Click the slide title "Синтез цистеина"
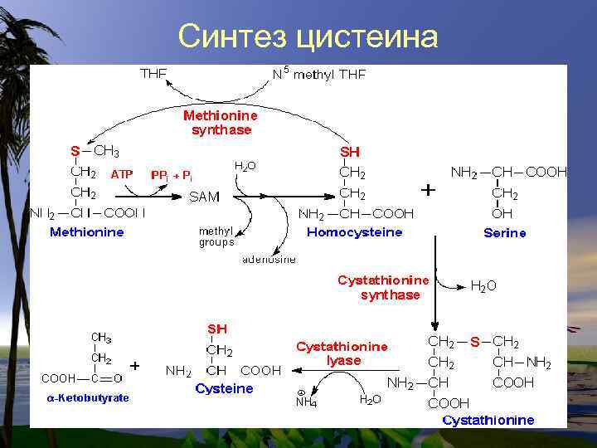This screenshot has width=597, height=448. click(x=308, y=37)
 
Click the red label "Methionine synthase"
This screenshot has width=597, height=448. click(x=221, y=123)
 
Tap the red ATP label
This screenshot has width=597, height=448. click(x=122, y=175)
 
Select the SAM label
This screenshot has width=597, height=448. click(x=205, y=197)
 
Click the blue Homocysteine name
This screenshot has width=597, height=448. click(x=355, y=232)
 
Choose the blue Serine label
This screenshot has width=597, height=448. click(x=505, y=233)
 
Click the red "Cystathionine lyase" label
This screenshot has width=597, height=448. click(x=342, y=353)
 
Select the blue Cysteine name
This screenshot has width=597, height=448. click(x=224, y=388)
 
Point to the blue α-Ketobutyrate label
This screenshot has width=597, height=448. click(x=87, y=398)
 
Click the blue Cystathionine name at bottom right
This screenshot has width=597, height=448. click(x=488, y=420)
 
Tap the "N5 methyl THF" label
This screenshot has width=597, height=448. click(x=319, y=74)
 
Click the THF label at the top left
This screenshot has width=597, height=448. click(x=153, y=74)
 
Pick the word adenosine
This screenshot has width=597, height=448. click(x=269, y=259)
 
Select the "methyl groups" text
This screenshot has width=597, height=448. click(x=216, y=236)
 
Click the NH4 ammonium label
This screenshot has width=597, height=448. click(x=306, y=402)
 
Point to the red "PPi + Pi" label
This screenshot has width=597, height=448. click(x=172, y=175)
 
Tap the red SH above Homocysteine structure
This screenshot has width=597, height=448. click(x=351, y=153)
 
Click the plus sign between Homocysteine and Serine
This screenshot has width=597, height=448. click(x=428, y=190)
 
